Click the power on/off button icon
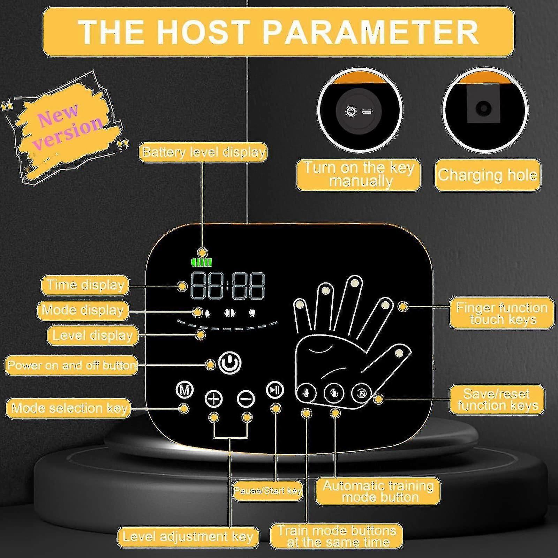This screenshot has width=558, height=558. [230, 363]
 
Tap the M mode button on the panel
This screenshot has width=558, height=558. [184, 390]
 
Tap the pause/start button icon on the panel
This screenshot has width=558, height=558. [275, 390]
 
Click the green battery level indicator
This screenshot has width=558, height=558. [202, 262]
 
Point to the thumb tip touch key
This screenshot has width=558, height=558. [398, 353]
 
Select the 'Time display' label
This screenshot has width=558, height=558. [85, 285]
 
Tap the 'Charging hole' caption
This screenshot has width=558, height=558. [487, 175]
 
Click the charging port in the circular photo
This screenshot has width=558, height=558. [483, 108]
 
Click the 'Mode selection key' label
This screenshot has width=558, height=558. [68, 408]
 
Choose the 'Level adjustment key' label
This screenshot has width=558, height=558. [188, 536]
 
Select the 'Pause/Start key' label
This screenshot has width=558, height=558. [267, 491]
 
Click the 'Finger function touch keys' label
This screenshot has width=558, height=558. [502, 313]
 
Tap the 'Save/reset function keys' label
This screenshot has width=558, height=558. [497, 399]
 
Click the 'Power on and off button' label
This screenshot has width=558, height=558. [71, 365]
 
